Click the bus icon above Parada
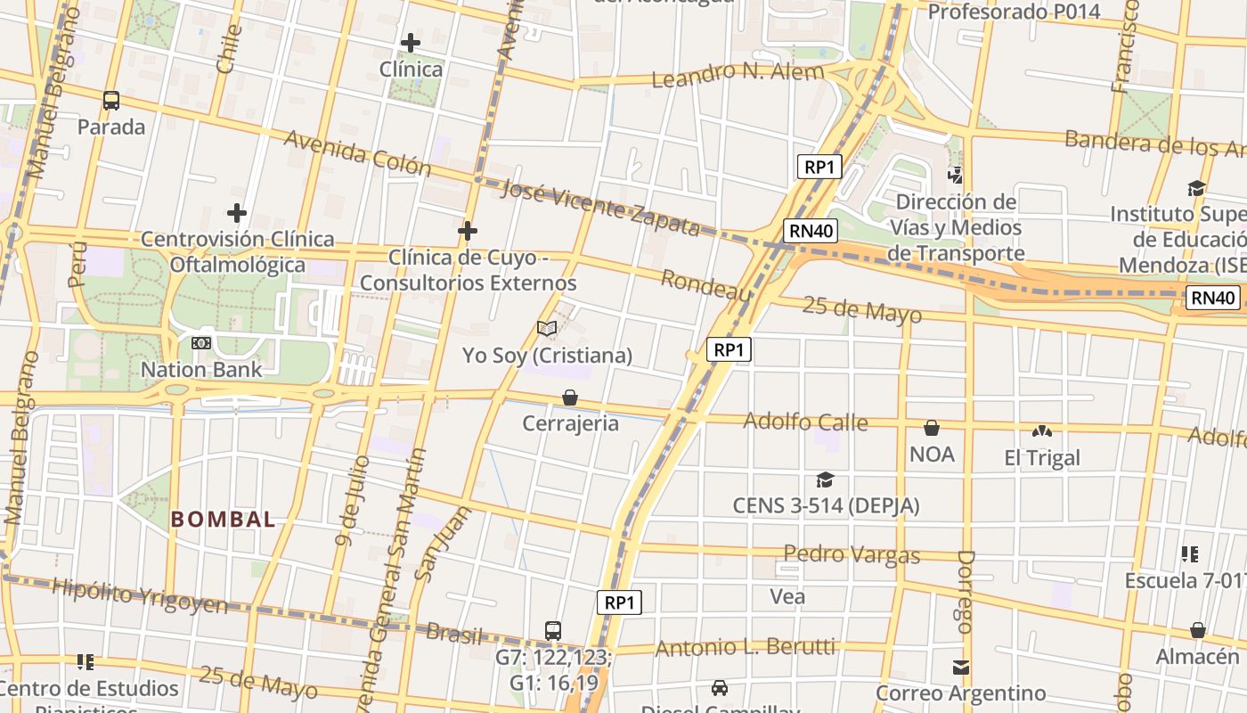(111, 100)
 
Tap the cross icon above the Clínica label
(410, 43)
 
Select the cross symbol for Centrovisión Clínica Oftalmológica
(236, 213)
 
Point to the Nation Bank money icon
(201, 342)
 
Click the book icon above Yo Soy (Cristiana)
(547, 329)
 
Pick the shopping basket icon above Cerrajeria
(570, 397)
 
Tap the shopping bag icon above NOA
(932, 428)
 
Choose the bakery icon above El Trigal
(1041, 431)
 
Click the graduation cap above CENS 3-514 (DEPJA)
(826, 479)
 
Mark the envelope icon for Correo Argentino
(960, 667)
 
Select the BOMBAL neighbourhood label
(223, 520)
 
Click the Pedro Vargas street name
(852, 554)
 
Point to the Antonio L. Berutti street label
(746, 647)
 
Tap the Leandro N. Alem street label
(738, 74)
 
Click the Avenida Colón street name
(357, 153)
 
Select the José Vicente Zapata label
(600, 207)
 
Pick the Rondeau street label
(706, 286)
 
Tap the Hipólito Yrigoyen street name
(140, 594)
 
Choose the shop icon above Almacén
(1198, 630)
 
